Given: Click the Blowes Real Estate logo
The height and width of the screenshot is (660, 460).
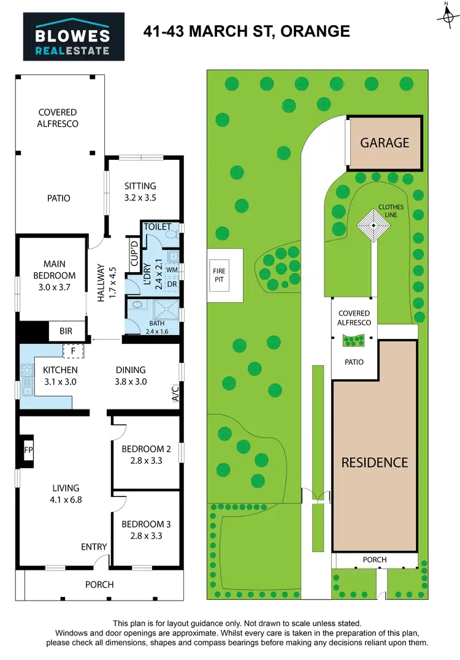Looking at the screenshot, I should point(74,37).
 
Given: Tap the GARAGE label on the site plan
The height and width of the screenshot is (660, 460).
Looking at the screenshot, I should point(385,143).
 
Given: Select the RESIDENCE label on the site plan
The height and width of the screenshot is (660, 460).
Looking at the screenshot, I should point(374,462).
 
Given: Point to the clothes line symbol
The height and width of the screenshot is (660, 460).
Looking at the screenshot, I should point(372,227).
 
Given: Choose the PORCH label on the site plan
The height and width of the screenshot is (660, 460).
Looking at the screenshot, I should point(375,559).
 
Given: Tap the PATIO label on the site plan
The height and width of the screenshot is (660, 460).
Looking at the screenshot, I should point(353,362).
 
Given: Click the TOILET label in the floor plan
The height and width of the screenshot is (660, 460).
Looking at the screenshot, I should point(157,227).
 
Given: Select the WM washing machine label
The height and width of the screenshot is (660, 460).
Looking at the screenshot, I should point(172,270).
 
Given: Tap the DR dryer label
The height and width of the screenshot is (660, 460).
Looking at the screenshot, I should point(172,285).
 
